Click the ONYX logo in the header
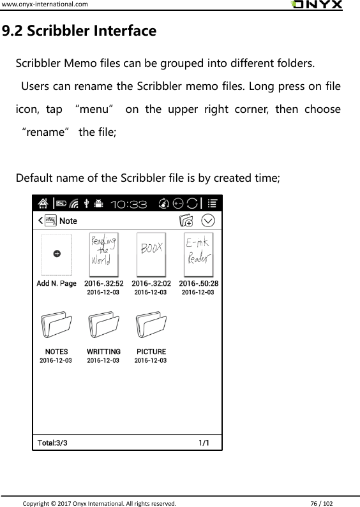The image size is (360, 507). tap(316, 5)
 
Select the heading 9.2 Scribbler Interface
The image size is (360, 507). tap(79, 31)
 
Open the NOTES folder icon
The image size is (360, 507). tap(56, 327)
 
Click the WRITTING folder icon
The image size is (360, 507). tap(103, 327)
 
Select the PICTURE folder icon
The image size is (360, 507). tap(151, 327)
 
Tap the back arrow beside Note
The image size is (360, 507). tap(41, 221)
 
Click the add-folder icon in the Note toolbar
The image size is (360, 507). tap(186, 221)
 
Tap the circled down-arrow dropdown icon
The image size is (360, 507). tap(209, 221)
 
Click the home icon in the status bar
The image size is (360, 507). tap(43, 204)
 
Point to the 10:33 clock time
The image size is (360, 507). tap(129, 205)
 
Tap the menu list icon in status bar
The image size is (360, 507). tap(213, 204)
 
